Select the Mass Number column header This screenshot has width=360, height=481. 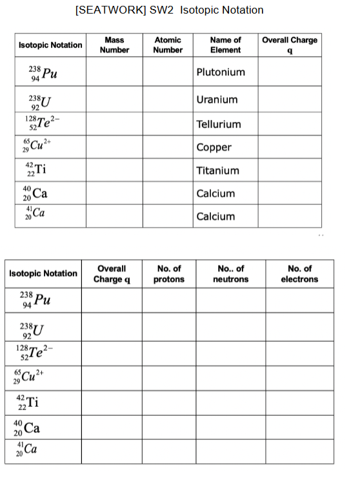116,44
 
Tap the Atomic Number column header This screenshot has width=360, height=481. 168,44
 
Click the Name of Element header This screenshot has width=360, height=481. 225,44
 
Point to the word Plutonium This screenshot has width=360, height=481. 220,72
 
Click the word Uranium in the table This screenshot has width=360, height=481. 217,99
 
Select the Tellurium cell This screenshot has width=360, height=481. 218,124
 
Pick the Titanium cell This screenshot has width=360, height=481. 217,170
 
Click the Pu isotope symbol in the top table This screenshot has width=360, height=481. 42,73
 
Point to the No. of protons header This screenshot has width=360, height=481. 169,273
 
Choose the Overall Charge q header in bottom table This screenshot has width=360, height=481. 112,273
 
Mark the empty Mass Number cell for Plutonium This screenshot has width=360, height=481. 115,72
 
